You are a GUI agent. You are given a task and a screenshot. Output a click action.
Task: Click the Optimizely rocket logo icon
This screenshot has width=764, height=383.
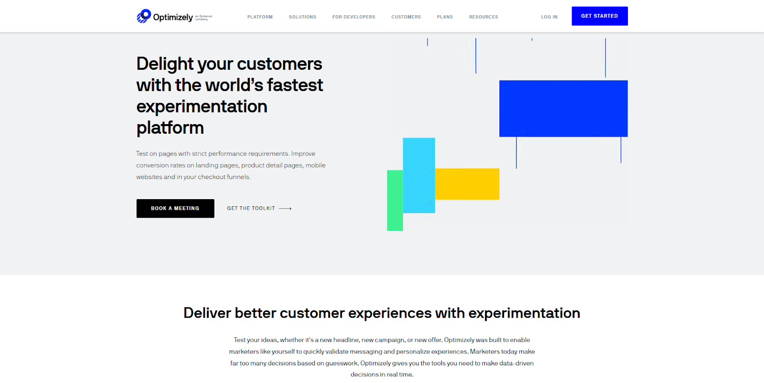click(x=144, y=16)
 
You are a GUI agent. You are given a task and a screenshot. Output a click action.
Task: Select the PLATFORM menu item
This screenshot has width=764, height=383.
click(x=260, y=17)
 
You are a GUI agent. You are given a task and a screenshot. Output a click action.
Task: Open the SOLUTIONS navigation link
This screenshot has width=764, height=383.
click(x=303, y=17)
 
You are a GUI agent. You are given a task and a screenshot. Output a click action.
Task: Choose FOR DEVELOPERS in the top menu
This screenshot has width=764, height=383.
click(x=354, y=17)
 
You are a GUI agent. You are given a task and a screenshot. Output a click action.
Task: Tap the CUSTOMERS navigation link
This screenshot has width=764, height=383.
click(x=406, y=17)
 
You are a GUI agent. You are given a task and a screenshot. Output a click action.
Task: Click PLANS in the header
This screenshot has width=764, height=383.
click(x=445, y=17)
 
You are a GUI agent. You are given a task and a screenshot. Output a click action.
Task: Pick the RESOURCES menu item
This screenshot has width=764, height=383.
click(x=483, y=17)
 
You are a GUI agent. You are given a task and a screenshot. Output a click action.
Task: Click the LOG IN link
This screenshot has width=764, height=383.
click(x=549, y=17)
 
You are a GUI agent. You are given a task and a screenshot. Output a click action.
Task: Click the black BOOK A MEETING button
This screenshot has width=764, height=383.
click(x=175, y=208)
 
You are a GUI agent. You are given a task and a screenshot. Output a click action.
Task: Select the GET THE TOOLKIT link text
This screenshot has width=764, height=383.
click(x=251, y=208)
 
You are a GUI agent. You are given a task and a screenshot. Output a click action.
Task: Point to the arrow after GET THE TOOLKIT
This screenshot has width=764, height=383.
click(x=285, y=208)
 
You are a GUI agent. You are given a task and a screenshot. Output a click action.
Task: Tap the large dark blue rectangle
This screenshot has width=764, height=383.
click(x=563, y=108)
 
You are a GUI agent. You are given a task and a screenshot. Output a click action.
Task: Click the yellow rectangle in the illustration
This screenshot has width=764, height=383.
click(x=467, y=184)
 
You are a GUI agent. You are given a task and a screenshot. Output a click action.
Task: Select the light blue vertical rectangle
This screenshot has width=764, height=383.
click(x=419, y=175)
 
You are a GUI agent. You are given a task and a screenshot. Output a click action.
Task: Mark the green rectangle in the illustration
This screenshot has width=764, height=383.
click(x=395, y=201)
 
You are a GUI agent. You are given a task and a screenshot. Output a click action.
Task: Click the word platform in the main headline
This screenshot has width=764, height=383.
click(x=170, y=128)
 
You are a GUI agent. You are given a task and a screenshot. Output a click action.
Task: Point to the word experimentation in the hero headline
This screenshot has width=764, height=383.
click(x=202, y=106)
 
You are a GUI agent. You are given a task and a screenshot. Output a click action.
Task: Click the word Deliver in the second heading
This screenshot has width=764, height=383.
click(x=207, y=313)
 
